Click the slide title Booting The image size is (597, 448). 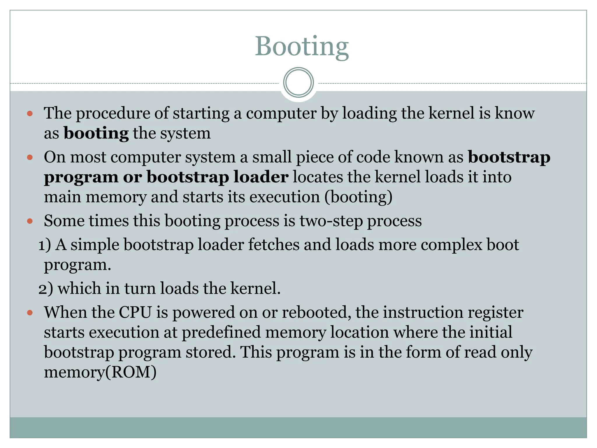click(x=302, y=47)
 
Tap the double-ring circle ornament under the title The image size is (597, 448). click(x=298, y=83)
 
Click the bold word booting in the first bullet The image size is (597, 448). click(x=96, y=134)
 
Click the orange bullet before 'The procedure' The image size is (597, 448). click(x=30, y=113)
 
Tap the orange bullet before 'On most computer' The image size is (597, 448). click(x=30, y=157)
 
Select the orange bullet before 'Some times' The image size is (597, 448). click(x=30, y=221)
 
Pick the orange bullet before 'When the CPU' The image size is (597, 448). click(x=30, y=313)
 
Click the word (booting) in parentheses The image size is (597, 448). click(x=358, y=197)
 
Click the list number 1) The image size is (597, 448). click(x=45, y=245)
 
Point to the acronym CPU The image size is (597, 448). click(x=135, y=312)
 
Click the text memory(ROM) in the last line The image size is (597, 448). click(x=100, y=372)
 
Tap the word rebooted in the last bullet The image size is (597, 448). click(x=316, y=312)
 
